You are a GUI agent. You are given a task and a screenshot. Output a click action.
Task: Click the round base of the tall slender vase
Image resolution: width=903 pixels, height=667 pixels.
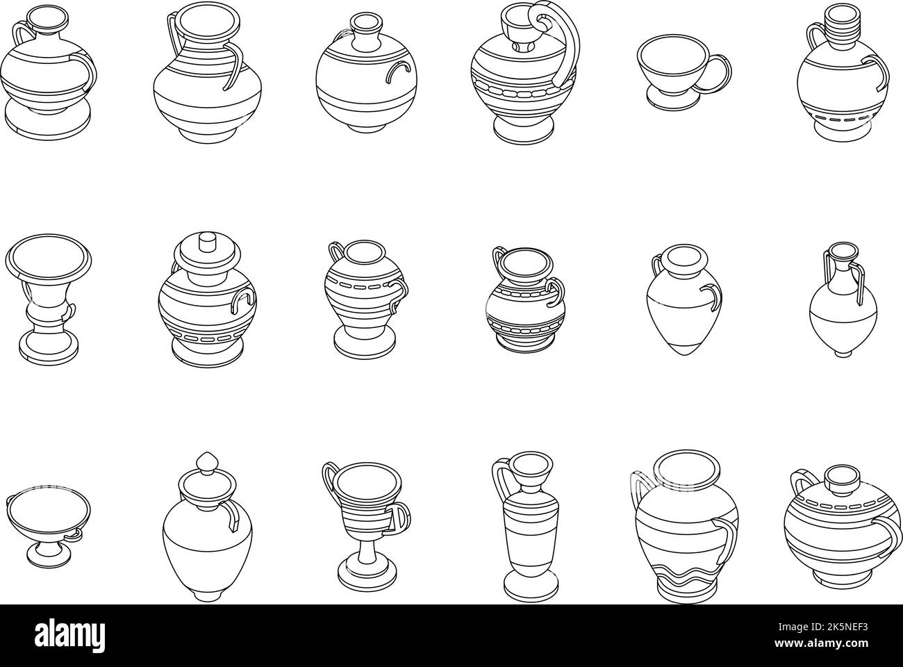click(x=520, y=588)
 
